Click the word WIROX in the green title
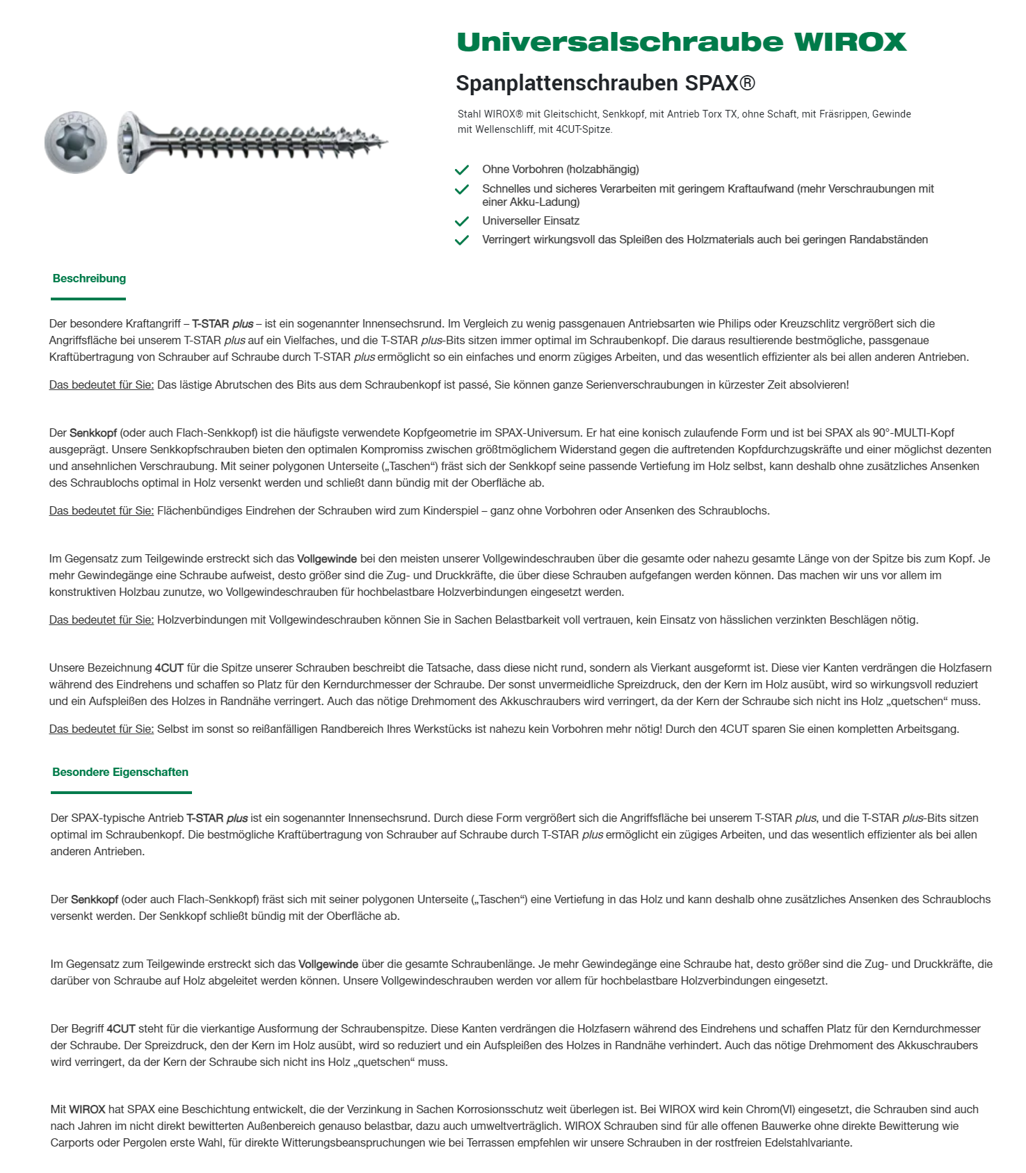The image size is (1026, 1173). (x=850, y=42)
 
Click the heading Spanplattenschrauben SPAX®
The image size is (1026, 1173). (x=605, y=83)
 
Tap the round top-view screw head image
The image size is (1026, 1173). (x=76, y=143)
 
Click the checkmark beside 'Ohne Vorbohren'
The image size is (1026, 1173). (x=461, y=170)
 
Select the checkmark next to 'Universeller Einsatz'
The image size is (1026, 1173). (x=461, y=221)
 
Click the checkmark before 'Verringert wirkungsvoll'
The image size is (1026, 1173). (x=461, y=240)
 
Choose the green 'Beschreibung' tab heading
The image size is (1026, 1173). (x=89, y=279)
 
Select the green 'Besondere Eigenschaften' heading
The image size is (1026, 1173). (x=120, y=772)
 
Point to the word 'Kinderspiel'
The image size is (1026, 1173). (x=449, y=511)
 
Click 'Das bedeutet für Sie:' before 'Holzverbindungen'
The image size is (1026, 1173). (x=102, y=620)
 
